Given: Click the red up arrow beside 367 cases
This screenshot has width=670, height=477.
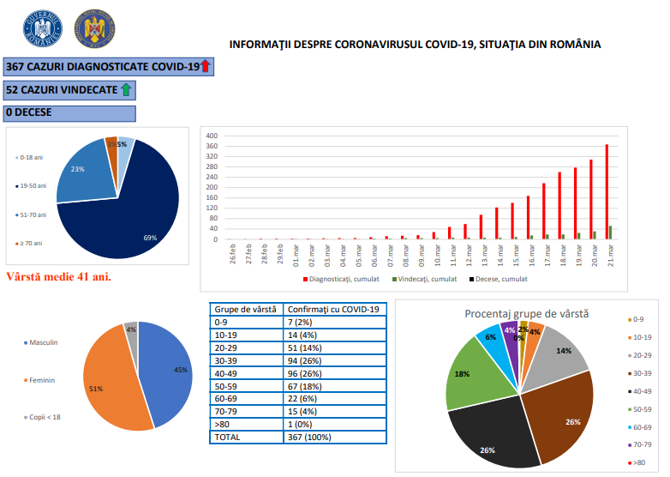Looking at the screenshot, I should tap(205, 66).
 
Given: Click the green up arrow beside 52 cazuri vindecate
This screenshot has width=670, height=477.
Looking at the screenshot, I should tap(125, 89).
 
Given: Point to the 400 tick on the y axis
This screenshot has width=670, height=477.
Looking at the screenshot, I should tap(212, 136).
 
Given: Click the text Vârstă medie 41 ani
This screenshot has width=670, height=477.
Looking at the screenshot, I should tap(58, 277).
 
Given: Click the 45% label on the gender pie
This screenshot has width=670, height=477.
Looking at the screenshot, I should tap(181, 370).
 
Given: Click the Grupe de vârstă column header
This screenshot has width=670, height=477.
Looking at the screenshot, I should tap(244, 310).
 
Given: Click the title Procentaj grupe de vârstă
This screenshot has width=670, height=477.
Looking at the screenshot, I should tap(526, 314).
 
